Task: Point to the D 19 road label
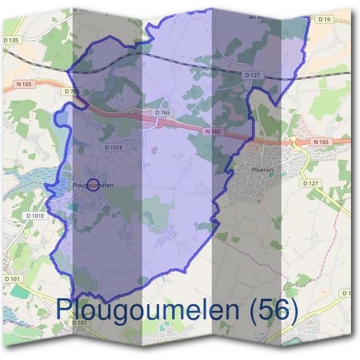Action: tap(325, 19)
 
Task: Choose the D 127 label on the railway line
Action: tap(253, 75)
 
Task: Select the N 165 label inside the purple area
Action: tap(213, 131)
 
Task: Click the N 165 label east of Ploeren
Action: tap(321, 142)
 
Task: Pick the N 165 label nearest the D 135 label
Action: tap(25, 85)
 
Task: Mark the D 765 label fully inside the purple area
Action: tap(163, 112)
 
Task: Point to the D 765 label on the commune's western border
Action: tap(71, 91)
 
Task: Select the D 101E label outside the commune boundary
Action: tap(36, 215)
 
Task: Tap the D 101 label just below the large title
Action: tap(80, 323)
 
